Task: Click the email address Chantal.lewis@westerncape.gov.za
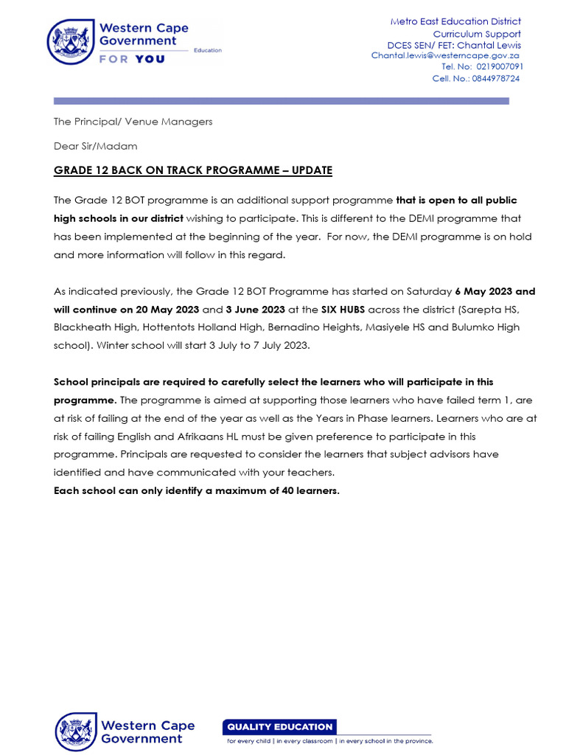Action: [445, 55]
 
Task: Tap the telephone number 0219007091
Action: [500, 66]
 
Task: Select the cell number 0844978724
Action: [496, 78]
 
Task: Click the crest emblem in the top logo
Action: [71, 41]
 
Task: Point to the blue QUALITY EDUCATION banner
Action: [279, 726]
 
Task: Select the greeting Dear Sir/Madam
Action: [95, 146]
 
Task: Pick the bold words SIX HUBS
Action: [343, 309]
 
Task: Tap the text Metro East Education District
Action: [455, 21]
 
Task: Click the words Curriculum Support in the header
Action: [476, 33]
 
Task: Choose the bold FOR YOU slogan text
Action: [132, 59]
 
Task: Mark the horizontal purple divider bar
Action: [281, 101]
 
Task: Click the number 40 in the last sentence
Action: [288, 490]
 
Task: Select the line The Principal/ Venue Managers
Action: [133, 122]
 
